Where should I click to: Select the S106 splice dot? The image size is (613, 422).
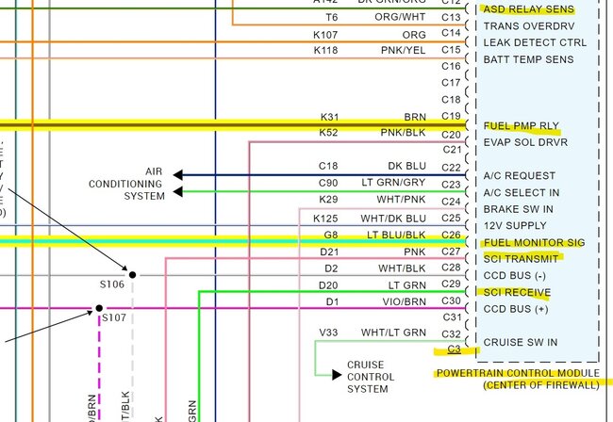(x=132, y=275)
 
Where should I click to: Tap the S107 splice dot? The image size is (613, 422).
(x=99, y=308)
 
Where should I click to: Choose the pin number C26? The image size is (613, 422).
(x=451, y=235)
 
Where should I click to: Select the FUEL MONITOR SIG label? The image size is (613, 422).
(x=534, y=243)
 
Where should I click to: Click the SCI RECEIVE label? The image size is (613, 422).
(x=517, y=292)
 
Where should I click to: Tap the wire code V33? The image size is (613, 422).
(x=328, y=333)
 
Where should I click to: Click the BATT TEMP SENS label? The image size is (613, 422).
(x=528, y=59)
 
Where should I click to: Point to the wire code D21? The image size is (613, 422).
(x=328, y=251)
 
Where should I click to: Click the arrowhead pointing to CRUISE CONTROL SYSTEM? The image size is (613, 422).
(x=337, y=375)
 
